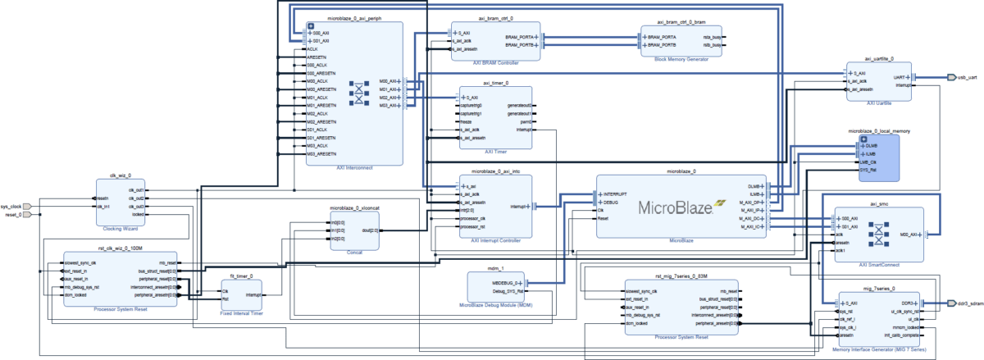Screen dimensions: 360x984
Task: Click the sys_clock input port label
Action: coord(11,206)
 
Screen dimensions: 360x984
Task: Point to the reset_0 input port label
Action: coord(11,215)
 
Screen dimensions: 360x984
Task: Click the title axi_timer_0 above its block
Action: coord(495,83)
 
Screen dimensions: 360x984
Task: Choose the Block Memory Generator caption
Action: coord(682,59)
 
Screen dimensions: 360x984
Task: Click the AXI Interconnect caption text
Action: coord(355,166)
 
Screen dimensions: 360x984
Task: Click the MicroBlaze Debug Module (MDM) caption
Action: coord(501,304)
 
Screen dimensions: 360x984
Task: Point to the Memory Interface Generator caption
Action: coord(878,349)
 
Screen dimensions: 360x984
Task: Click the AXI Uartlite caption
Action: coord(879,103)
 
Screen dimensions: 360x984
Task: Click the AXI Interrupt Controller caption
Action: coord(495,240)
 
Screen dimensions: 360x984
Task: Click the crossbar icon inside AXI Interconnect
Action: coord(358,93)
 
